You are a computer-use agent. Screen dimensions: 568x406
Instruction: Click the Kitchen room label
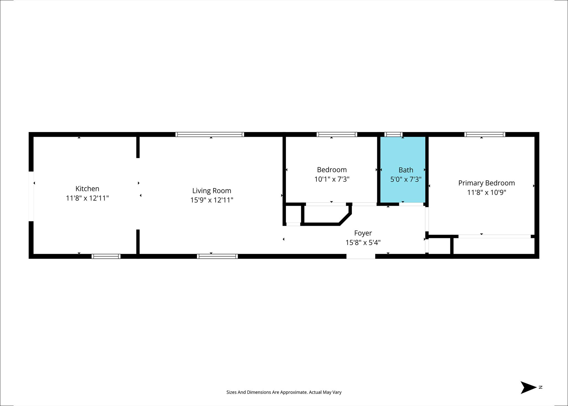[87, 189]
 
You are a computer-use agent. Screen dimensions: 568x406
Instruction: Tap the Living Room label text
[212, 191]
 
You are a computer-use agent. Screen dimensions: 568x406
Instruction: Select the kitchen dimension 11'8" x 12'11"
[87, 198]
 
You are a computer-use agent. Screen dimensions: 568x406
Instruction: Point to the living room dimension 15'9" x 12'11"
[212, 200]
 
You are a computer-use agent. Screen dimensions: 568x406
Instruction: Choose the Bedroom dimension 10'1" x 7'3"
[332, 179]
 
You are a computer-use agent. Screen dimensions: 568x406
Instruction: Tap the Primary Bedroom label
[486, 183]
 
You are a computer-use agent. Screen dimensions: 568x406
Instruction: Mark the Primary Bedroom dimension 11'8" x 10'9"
[486, 192]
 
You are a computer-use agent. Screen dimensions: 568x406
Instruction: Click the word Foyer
[363, 233]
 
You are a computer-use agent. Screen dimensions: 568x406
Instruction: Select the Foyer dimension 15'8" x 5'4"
[363, 243]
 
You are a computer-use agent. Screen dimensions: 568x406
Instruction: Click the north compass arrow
[529, 387]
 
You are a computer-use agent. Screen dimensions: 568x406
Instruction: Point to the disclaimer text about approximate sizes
[284, 392]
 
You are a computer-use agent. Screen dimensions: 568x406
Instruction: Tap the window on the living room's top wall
[210, 135]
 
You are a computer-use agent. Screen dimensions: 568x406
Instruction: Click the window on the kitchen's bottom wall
[106, 256]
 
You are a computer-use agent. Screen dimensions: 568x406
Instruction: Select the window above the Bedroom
[337, 135]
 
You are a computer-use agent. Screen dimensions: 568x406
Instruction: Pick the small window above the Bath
[393, 135]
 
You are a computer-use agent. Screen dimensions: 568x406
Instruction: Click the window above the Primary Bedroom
[485, 135]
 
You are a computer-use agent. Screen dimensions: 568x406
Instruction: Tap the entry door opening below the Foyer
[361, 256]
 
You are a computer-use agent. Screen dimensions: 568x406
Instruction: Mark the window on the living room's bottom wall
[217, 256]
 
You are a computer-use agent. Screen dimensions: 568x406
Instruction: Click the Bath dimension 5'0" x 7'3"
[406, 179]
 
